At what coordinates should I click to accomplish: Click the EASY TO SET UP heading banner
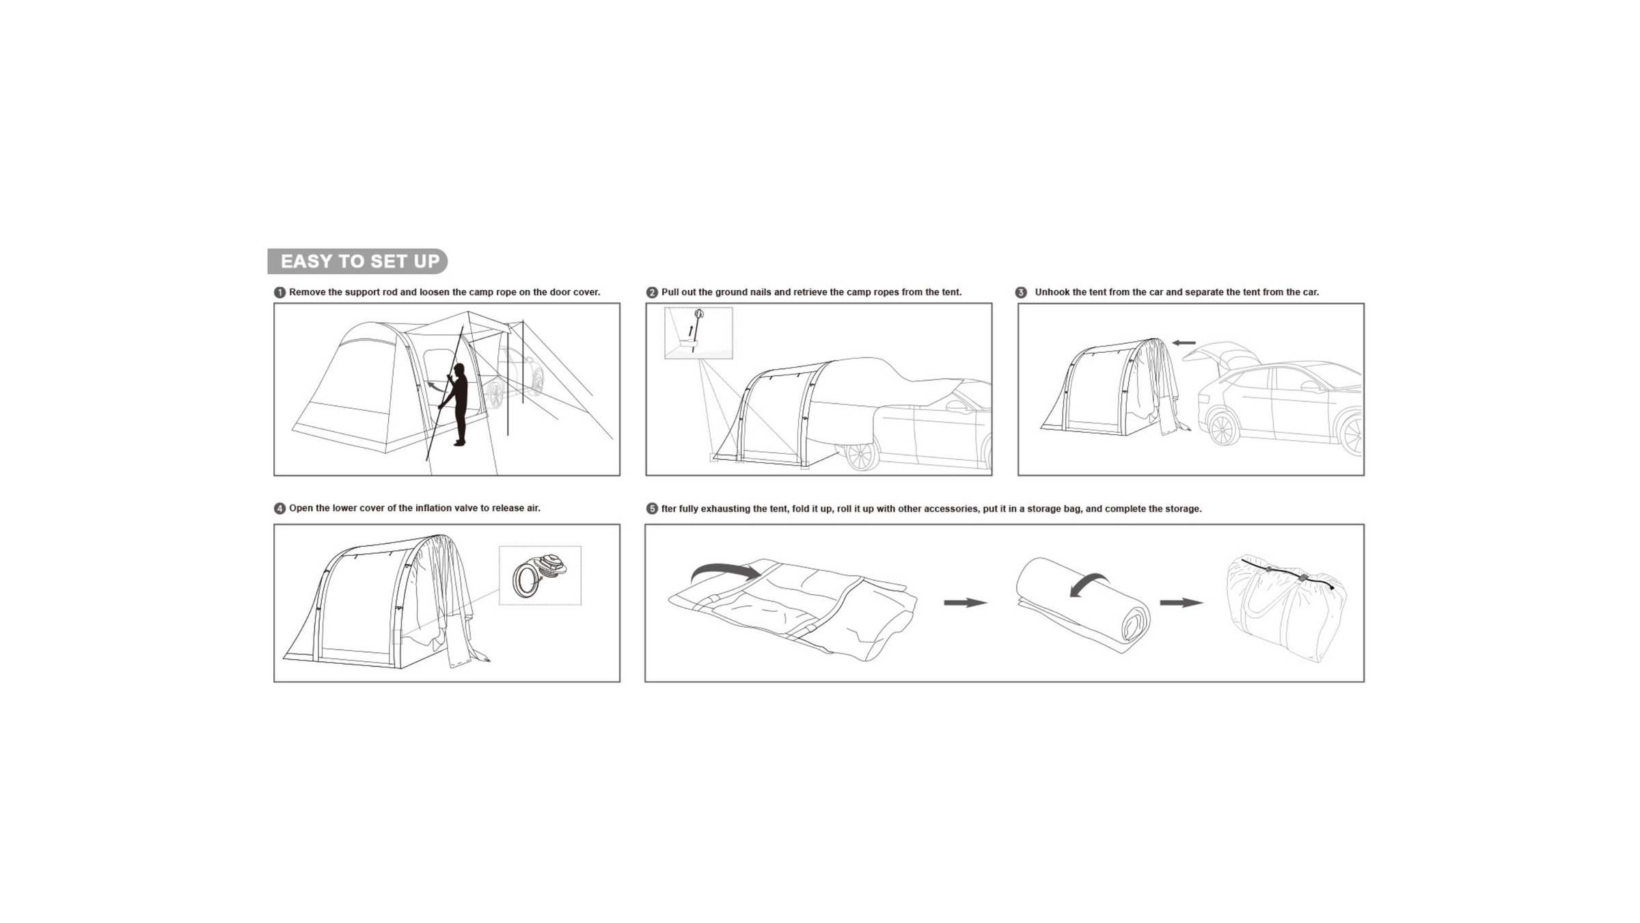pos(357,261)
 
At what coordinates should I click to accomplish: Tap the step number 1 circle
pos(279,293)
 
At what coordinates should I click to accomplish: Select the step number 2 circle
pos(652,293)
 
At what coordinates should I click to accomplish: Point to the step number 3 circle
pos(1021,293)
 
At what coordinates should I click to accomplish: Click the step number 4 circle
pos(279,509)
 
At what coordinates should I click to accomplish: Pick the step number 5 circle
pos(652,509)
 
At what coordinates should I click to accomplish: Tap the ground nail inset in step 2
pos(698,333)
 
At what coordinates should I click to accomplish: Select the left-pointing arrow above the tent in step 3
pos(1184,343)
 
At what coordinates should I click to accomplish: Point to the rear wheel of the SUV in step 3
pos(1222,429)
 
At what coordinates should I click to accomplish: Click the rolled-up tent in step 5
pos(1083,604)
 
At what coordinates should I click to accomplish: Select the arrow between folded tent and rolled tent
pos(966,602)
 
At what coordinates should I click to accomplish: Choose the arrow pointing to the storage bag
pos(1181,602)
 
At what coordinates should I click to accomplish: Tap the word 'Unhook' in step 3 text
pos(1052,293)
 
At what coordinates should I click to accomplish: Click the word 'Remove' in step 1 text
pos(307,293)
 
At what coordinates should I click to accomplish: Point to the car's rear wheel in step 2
pos(861,456)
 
